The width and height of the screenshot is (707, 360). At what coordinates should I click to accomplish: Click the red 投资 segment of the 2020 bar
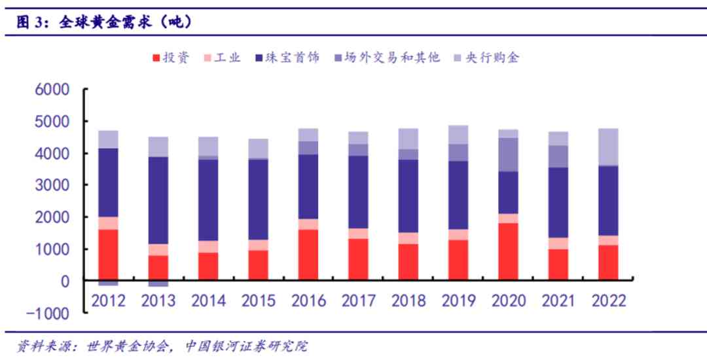[509, 251]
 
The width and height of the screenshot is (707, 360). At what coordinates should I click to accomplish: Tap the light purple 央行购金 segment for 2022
[609, 147]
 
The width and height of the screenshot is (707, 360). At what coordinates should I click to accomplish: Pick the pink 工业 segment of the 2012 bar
[107, 223]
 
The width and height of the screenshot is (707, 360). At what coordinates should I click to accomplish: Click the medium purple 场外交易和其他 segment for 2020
[509, 154]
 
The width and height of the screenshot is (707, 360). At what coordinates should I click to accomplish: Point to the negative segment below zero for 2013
[158, 283]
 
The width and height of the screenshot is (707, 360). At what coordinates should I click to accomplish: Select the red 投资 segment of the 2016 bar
[308, 255]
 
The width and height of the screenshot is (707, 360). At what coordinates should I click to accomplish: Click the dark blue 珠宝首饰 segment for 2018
[408, 196]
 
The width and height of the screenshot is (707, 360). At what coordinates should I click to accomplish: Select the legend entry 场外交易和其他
[387, 58]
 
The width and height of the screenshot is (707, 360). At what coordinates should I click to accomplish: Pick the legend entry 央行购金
[485, 58]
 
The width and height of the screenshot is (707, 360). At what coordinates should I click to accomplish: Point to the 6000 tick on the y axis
[49, 90]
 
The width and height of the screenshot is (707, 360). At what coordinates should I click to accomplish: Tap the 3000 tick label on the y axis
[49, 185]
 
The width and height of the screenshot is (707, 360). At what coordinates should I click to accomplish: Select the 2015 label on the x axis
[259, 301]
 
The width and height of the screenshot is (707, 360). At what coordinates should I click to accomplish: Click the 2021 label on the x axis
[559, 301]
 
